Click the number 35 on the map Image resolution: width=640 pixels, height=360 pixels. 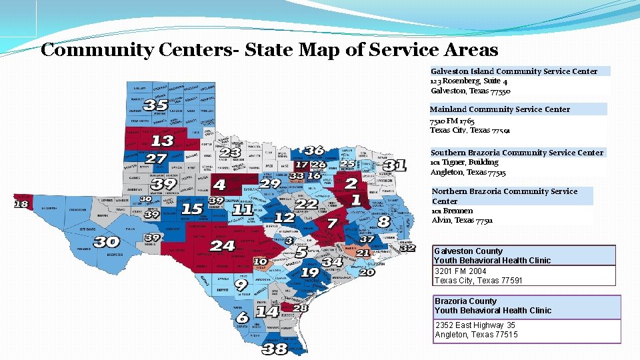pos(155,105)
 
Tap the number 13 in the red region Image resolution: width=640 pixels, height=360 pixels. pos(162,141)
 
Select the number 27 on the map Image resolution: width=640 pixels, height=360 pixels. pos(155,159)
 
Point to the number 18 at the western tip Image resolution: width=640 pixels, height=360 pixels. pos(21,204)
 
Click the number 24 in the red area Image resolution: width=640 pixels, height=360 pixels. pos(222,246)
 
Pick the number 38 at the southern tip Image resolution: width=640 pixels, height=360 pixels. pos(275,349)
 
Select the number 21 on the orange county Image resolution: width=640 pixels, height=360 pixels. pos(363,253)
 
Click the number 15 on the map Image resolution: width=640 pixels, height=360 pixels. pos(192,209)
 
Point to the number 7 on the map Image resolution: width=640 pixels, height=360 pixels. pos(331,222)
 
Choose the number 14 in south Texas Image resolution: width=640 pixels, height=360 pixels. pos(267,311)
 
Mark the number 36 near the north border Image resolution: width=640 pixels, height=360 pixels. pos(314,151)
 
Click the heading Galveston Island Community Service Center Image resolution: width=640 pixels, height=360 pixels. pos(514,71)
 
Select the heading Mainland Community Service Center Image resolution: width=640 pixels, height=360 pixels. pos(500,109)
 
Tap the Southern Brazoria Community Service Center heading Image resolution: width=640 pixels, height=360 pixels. pos(517,153)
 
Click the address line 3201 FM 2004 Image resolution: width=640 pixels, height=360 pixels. pos(461,271)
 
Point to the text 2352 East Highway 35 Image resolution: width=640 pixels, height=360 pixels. pos(475,325)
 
